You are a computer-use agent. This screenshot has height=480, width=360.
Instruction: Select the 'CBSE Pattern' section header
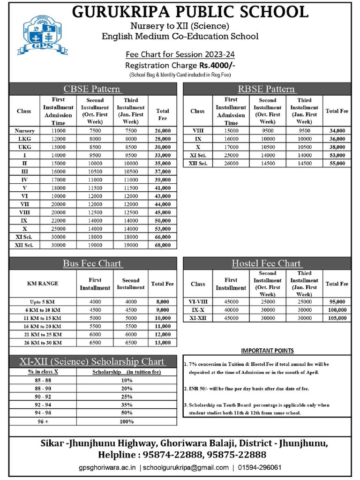[x=92, y=89]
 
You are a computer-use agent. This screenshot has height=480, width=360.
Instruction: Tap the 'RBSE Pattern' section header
[x=266, y=89]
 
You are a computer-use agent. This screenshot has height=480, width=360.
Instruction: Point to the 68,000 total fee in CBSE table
[x=163, y=245]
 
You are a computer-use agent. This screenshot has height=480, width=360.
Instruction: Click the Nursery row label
[x=24, y=131]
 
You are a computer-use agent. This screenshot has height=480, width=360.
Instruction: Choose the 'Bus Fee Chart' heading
[x=92, y=263]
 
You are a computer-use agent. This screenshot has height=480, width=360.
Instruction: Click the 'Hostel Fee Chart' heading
[x=266, y=263]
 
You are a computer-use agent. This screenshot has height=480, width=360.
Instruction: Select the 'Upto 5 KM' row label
[x=43, y=302]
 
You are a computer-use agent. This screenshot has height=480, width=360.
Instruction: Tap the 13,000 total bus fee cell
[x=162, y=343]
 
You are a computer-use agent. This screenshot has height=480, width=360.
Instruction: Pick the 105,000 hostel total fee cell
[x=337, y=318]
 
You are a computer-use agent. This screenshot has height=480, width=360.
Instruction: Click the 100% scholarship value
[x=127, y=421]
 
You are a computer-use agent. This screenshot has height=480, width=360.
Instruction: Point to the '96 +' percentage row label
[x=43, y=421]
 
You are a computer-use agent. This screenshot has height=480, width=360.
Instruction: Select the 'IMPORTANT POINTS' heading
[x=267, y=351]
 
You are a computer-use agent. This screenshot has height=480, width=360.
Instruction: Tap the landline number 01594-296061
[x=259, y=468]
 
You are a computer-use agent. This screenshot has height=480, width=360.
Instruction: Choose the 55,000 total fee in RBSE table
[x=337, y=164]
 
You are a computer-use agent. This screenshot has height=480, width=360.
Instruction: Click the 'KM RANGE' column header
[x=43, y=284]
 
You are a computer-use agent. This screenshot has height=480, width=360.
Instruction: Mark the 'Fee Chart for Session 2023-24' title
[x=180, y=54]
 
